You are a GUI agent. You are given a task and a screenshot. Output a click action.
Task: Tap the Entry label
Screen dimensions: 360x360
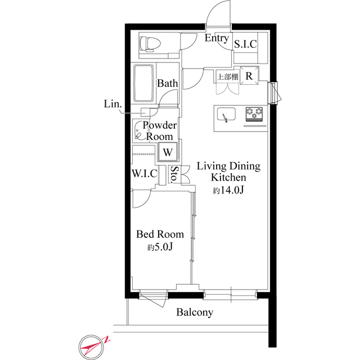(x=216, y=39)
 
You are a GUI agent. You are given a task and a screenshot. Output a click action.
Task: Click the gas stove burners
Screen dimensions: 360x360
(x=254, y=114)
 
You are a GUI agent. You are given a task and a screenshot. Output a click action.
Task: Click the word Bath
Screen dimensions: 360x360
(x=167, y=83)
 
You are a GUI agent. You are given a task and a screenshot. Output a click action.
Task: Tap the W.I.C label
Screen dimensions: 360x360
(x=144, y=173)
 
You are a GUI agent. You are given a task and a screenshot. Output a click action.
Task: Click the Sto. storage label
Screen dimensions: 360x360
(x=175, y=175)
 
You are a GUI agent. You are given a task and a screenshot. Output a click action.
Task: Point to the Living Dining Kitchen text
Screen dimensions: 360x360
(x=228, y=172)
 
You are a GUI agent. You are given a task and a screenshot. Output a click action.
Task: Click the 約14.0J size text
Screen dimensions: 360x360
(x=227, y=191)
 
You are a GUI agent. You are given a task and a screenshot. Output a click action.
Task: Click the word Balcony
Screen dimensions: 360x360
(x=194, y=313)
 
